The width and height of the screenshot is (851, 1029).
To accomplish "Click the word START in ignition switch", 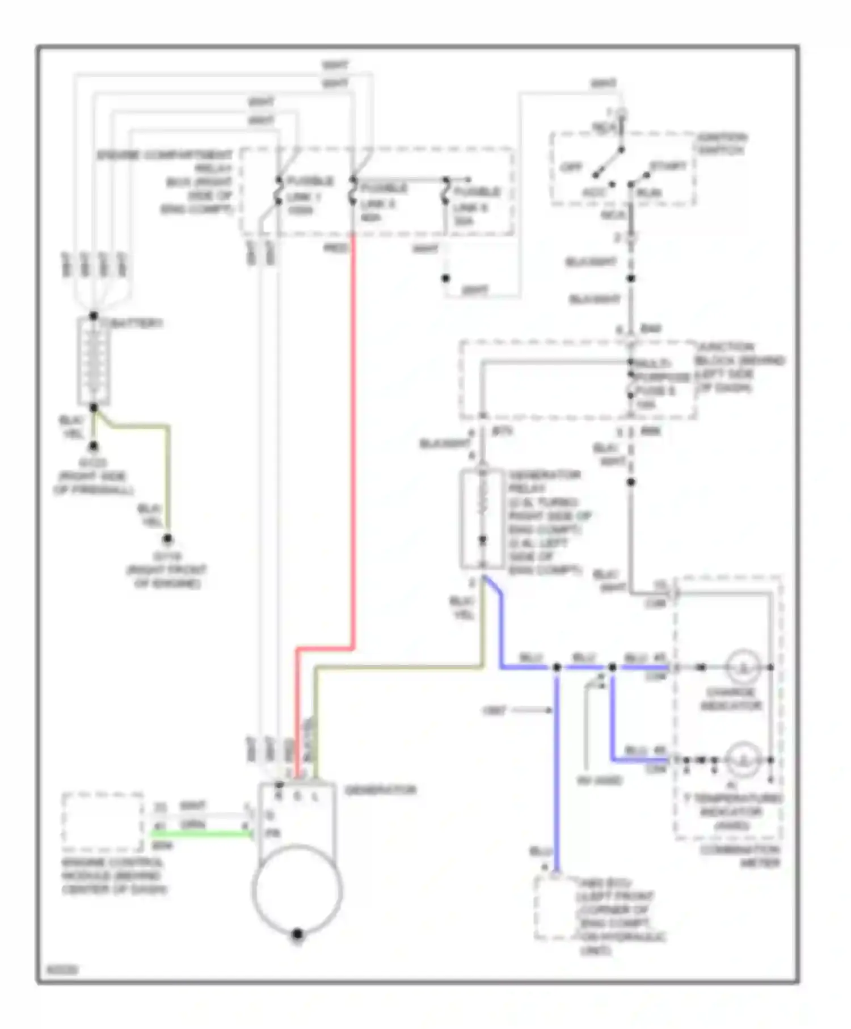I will click(x=668, y=166).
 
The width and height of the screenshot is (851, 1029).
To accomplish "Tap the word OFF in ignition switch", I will click(x=571, y=167).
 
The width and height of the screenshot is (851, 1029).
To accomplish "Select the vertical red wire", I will click(x=353, y=442).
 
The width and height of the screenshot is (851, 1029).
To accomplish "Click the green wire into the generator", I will click(x=201, y=833).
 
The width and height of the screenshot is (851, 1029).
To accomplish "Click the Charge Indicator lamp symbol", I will click(x=743, y=667).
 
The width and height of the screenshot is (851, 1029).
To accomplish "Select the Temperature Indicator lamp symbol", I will click(x=743, y=760).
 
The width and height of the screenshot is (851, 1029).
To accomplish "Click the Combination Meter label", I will click(x=740, y=856).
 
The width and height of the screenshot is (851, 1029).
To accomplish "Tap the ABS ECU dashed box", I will click(x=557, y=907).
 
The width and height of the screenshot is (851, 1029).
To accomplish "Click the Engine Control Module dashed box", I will click(x=103, y=823).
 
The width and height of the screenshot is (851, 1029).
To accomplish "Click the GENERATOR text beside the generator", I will click(x=381, y=790).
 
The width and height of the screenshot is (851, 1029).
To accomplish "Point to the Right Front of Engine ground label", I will click(x=167, y=570).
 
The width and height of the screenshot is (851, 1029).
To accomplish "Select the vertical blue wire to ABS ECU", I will click(x=557, y=771).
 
